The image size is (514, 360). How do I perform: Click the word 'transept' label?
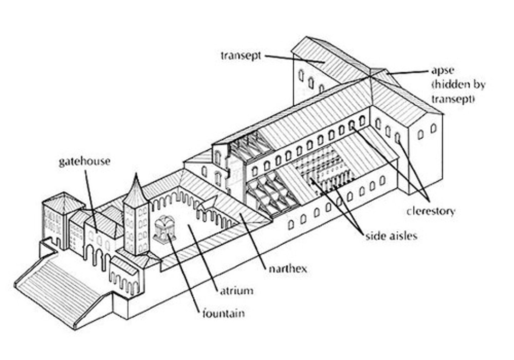click(241, 56)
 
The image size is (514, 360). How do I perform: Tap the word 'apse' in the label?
click(442, 70)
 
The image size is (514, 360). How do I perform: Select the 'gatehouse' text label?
click(85, 161)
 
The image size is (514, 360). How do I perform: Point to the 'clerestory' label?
click(431, 211)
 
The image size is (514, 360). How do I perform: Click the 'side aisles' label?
click(391, 236)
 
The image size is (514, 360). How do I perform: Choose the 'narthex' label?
click(287, 269)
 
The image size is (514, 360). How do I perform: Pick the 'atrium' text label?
click(236, 291)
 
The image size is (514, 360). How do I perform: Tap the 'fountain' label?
click(223, 314)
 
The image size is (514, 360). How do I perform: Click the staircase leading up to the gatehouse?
click(61, 286)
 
